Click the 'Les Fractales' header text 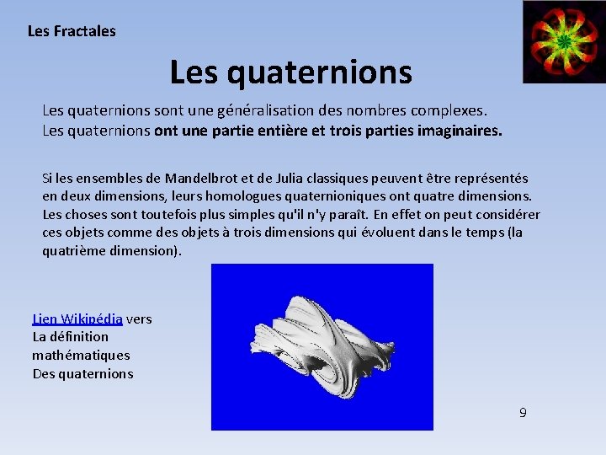tap(72, 31)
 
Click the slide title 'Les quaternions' tap(290, 72)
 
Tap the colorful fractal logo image tap(563, 41)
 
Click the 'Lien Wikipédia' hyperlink tap(77, 318)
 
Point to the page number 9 tap(523, 413)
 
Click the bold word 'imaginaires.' tap(459, 131)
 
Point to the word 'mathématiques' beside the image tap(81, 355)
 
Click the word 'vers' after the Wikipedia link tap(139, 318)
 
